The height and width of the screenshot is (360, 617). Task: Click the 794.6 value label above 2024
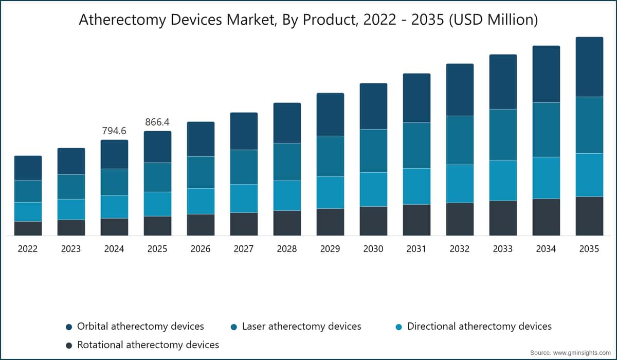tap(114, 131)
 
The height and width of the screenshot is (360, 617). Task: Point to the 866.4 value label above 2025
tap(157, 122)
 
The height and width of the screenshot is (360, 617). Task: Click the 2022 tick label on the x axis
tap(28, 249)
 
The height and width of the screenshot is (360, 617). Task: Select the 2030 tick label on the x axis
tap(373, 249)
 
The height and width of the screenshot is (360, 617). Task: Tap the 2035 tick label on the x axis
tap(589, 249)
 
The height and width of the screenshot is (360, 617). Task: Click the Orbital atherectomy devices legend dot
tap(69, 327)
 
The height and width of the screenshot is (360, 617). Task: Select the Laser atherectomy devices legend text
tap(302, 327)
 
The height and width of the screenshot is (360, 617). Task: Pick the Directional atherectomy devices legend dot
tap(398, 327)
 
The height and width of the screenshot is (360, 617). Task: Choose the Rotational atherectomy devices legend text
tap(148, 345)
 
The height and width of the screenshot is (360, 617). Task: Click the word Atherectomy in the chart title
tap(123, 20)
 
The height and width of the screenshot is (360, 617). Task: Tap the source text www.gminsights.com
tap(582, 353)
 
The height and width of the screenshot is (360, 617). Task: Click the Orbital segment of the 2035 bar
tap(589, 67)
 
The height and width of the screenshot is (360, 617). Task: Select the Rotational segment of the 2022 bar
tap(28, 229)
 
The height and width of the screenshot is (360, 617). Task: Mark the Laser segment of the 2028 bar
tap(287, 162)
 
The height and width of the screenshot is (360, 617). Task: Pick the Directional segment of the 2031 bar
tap(416, 187)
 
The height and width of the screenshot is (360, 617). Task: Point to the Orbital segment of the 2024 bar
tap(114, 154)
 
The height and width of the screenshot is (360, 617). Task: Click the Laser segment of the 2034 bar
tap(546, 130)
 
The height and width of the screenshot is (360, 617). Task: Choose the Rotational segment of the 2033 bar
tap(503, 219)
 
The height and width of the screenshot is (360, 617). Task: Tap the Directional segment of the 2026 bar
tap(201, 202)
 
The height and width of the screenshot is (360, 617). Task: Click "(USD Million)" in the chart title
tap(494, 20)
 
